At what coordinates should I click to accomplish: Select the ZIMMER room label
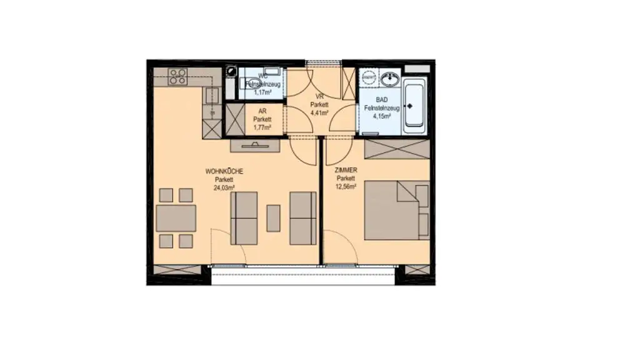tap(346, 170)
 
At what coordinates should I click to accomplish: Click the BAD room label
tap(382, 100)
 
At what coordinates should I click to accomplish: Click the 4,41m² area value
tap(320, 113)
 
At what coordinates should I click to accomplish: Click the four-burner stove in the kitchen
tap(177, 76)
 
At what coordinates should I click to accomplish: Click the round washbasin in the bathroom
tap(392, 79)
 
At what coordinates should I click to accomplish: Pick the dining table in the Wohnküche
tap(176, 218)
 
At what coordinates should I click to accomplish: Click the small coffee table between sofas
tap(273, 218)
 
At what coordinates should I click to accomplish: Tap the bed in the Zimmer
tap(396, 210)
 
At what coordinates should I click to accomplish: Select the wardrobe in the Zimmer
tap(396, 149)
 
